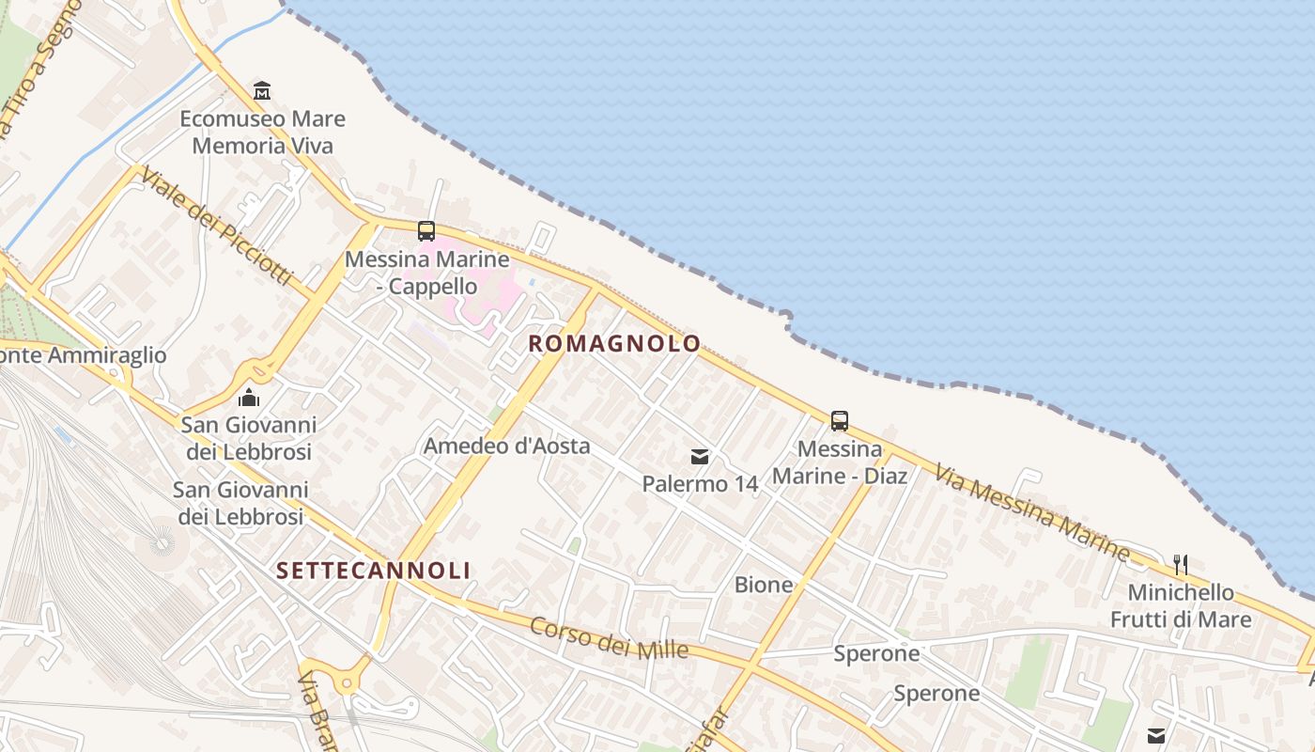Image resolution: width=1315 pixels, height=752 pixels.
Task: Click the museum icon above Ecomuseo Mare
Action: (x=262, y=90)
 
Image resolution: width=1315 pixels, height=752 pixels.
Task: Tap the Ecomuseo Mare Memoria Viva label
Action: (x=262, y=133)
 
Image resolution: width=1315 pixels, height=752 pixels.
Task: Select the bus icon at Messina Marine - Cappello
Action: (x=426, y=230)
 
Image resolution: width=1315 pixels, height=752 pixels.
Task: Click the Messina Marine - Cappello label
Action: (x=427, y=273)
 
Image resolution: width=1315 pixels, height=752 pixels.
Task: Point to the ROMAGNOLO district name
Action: (x=614, y=344)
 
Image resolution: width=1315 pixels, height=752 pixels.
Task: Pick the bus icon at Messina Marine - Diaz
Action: (x=840, y=420)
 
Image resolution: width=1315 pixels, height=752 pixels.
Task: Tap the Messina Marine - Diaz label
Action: (x=840, y=462)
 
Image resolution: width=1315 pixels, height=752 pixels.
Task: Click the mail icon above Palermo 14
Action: (x=700, y=457)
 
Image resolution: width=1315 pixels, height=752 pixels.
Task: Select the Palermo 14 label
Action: (x=700, y=484)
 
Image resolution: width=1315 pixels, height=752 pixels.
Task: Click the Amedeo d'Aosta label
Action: (x=507, y=446)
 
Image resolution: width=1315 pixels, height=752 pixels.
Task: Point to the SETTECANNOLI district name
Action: (x=373, y=571)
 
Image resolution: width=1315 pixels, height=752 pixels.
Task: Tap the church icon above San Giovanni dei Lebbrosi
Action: (x=249, y=398)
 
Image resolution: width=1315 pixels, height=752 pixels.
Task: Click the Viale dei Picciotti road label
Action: (x=218, y=228)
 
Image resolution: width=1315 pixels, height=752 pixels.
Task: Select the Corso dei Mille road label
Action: (x=609, y=638)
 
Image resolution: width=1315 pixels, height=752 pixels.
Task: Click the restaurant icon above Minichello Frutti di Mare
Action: (x=1181, y=565)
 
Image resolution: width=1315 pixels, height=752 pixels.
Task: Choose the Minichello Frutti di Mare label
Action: (x=1181, y=606)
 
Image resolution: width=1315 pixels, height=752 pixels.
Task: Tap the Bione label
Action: (x=764, y=586)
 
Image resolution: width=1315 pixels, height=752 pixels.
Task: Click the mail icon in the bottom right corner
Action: (x=1156, y=735)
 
